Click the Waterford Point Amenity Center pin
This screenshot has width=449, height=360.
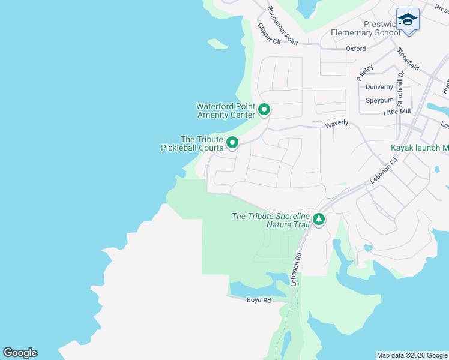(264, 110)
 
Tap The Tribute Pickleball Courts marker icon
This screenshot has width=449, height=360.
(232, 143)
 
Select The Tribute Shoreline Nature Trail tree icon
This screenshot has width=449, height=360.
(319, 220)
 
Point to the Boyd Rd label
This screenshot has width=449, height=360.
(259, 300)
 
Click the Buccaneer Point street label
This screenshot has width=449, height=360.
(283, 26)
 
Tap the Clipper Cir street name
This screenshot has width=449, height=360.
(269, 34)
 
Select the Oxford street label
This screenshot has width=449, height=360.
(355, 49)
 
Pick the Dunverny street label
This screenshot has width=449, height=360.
(379, 87)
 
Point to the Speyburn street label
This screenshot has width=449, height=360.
(379, 100)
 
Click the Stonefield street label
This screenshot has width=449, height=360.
(408, 59)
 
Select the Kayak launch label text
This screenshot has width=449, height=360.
(420, 148)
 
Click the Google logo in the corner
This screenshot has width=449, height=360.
(20, 353)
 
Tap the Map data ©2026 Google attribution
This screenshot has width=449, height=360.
(411, 355)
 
